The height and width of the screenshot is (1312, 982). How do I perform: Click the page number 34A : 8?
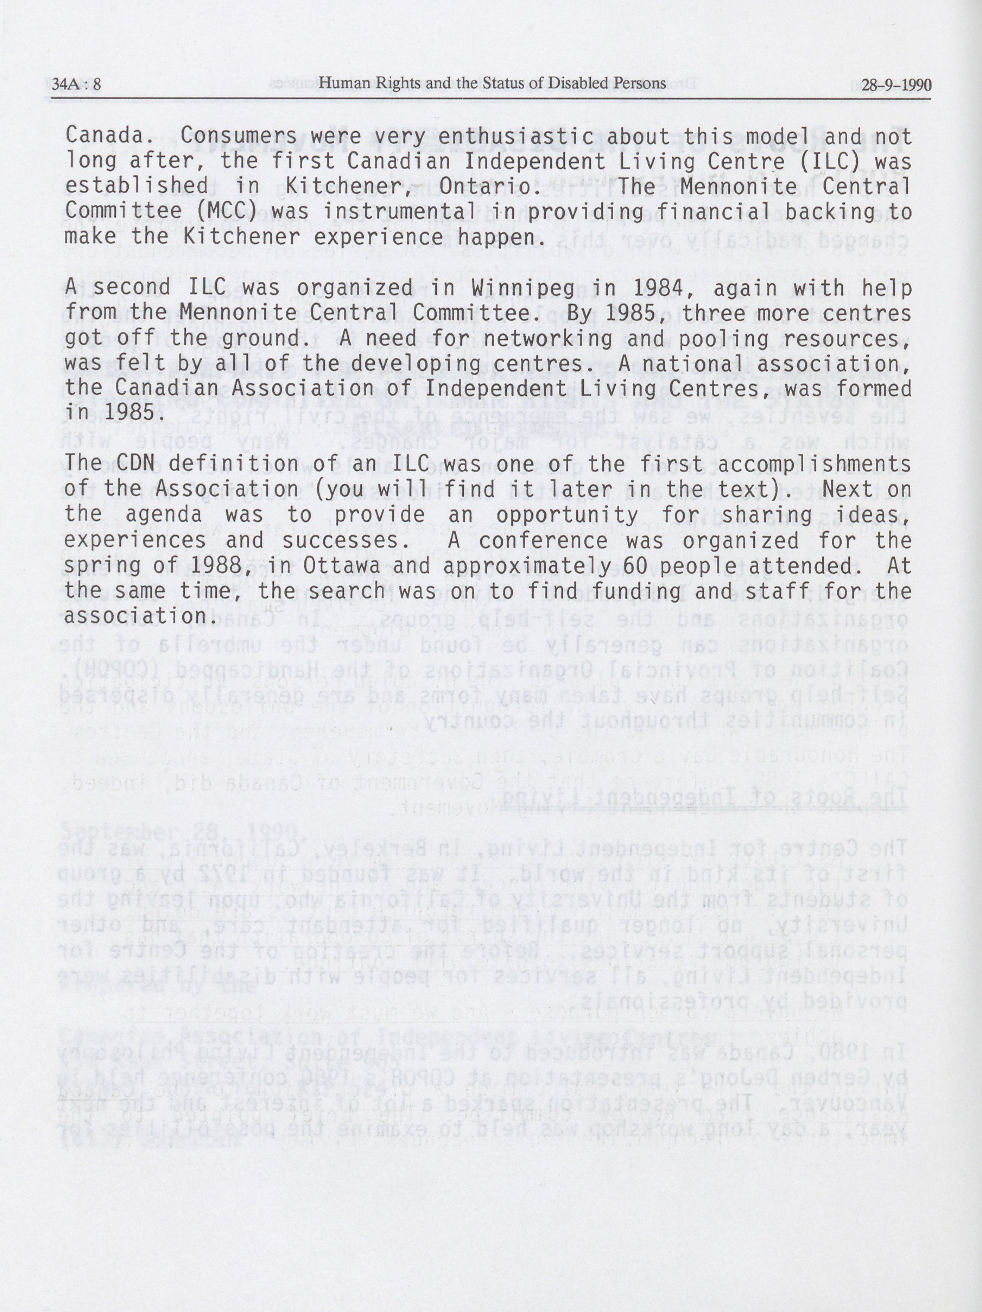point(76,85)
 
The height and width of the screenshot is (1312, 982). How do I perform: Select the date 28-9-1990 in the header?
point(896,85)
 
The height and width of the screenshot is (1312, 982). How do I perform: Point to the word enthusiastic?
point(503,136)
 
